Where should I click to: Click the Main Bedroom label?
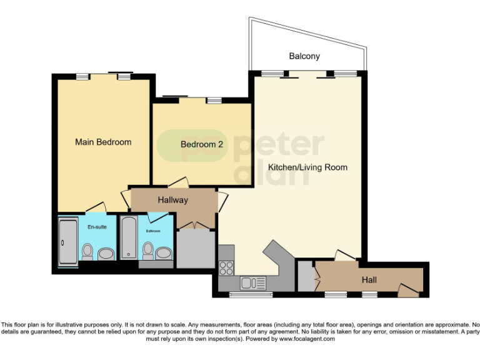103,142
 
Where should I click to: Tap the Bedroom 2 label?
202,144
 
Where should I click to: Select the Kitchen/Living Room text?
307,167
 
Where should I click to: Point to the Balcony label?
304,56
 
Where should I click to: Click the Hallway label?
172,200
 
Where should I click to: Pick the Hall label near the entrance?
369,281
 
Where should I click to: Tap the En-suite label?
97,226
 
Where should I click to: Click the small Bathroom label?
154,231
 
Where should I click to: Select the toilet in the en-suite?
87,251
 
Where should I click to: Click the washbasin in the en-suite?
106,253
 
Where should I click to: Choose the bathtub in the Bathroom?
128,238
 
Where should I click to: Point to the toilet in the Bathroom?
148,251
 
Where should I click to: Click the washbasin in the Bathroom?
164,253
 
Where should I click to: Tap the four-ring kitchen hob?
226,268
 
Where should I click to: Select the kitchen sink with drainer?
253,282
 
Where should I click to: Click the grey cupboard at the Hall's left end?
306,276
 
